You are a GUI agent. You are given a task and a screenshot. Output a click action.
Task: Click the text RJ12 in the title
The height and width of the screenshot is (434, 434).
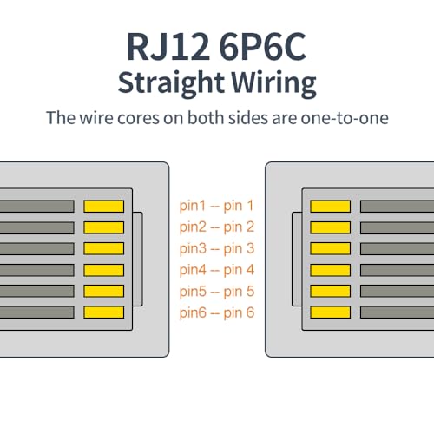click(168, 46)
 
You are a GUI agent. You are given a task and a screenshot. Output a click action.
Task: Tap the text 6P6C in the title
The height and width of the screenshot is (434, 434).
click(262, 46)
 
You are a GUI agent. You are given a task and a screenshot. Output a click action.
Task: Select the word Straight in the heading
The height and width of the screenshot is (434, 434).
click(171, 83)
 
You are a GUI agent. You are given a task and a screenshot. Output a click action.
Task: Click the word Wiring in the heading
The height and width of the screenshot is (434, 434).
click(273, 83)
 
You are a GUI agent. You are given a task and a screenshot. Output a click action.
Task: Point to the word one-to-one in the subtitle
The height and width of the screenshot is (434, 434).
click(345, 118)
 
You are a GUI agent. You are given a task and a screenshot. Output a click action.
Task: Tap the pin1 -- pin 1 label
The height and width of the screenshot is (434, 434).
click(216, 206)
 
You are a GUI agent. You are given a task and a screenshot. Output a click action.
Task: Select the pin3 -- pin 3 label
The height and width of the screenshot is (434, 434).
click(217, 248)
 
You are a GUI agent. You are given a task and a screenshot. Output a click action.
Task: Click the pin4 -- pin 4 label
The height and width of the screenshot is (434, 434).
click(217, 270)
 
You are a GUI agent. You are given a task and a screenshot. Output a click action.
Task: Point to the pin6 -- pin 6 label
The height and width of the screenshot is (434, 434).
click(217, 312)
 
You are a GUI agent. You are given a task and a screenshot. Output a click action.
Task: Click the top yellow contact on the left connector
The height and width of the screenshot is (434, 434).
click(104, 207)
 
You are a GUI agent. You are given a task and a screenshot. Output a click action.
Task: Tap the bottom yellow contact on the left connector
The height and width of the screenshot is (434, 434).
click(104, 312)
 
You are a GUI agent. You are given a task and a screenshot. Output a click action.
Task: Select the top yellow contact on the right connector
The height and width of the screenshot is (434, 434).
click(330, 207)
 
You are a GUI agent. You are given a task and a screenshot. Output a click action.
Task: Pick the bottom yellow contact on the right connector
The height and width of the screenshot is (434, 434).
click(330, 312)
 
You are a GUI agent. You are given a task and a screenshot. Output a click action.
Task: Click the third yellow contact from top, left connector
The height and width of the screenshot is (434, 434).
click(104, 248)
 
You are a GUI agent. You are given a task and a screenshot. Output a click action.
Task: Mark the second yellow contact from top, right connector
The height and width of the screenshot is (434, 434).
click(330, 227)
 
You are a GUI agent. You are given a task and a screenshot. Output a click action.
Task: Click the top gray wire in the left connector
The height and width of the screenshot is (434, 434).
click(37, 207)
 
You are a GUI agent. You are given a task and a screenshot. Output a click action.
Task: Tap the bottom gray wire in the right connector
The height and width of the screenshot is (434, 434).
click(397, 312)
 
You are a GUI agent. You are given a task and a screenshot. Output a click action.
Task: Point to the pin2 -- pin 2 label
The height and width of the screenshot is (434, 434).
click(217, 227)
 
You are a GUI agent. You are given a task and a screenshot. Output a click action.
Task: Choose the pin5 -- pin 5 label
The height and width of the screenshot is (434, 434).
click(217, 292)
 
